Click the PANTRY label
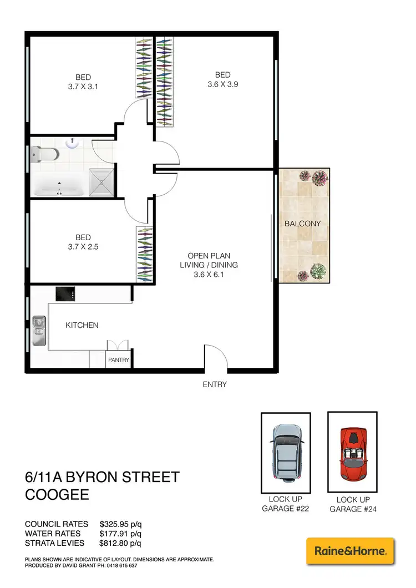(119, 360)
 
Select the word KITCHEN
(82, 325)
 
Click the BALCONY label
(303, 224)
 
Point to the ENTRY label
(215, 384)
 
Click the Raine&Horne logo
(350, 551)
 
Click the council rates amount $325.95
(114, 524)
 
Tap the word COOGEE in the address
(58, 494)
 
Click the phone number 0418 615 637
(117, 566)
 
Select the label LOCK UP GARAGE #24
(352, 505)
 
